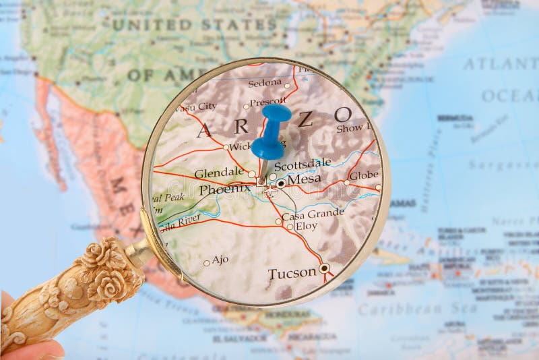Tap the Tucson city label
point(292,273)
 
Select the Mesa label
point(304,179)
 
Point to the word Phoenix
point(224,189)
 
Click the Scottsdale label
point(303,162)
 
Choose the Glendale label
point(219,173)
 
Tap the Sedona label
point(265,82)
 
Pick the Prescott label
point(267,102)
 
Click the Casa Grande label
point(313,215)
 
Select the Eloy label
point(307,227)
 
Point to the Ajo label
point(220,259)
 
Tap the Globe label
point(364,175)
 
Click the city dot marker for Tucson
point(324,268)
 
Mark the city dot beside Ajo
point(207,263)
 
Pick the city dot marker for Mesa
point(281,183)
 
